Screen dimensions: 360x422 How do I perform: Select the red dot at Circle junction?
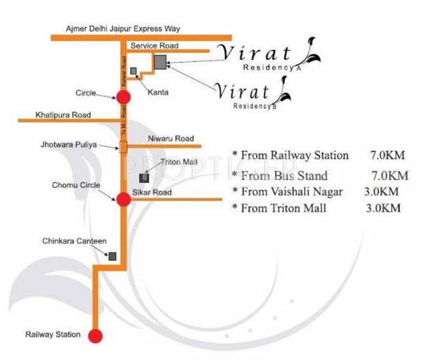(123, 97)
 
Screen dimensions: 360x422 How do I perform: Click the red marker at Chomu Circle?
(123, 199)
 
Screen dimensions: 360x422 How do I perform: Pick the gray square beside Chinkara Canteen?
(111, 257)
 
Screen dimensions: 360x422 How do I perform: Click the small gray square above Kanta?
(134, 71)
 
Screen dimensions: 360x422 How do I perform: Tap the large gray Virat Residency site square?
(160, 62)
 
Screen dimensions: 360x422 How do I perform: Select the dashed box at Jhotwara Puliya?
(123, 147)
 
